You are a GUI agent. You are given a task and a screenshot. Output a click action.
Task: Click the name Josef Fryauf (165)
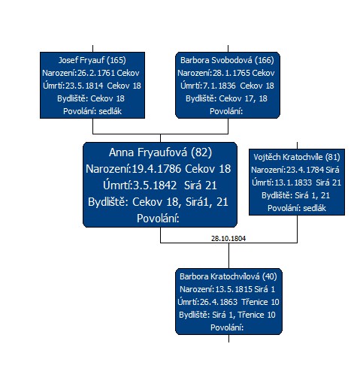(x=92, y=60)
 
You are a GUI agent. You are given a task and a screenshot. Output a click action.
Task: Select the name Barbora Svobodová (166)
(x=227, y=60)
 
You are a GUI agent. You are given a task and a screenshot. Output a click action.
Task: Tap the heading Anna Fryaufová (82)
(x=160, y=152)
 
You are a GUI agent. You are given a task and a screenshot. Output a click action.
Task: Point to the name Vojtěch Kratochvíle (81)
(x=297, y=157)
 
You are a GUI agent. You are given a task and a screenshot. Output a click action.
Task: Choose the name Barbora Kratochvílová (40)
(x=228, y=276)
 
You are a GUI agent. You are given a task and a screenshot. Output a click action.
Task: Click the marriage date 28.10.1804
(x=228, y=238)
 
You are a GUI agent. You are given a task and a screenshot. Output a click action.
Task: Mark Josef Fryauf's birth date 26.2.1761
(x=96, y=73)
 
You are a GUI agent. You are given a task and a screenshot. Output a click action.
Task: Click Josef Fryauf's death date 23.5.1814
(x=84, y=86)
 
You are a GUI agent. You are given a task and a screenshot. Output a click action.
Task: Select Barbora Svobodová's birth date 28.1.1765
(x=231, y=73)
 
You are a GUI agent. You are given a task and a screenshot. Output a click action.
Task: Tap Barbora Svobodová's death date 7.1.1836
(x=219, y=86)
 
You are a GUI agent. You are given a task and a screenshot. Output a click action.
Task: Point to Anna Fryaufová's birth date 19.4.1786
(x=156, y=169)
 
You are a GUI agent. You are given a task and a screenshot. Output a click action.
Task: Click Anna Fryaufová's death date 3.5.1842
(x=155, y=186)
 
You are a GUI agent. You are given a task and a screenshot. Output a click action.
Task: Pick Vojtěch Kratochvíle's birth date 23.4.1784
(x=305, y=170)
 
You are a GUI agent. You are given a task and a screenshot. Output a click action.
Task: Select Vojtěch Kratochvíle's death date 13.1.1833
(x=293, y=182)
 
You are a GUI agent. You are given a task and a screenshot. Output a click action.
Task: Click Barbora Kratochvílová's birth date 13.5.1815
(x=234, y=289)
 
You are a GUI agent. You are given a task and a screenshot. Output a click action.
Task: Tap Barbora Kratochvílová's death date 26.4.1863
(x=219, y=302)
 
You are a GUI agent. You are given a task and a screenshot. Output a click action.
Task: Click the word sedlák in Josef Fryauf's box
(x=110, y=111)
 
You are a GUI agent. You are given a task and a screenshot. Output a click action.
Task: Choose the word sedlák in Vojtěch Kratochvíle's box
(x=314, y=208)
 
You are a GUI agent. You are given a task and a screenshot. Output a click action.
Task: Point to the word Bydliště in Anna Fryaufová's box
(x=108, y=202)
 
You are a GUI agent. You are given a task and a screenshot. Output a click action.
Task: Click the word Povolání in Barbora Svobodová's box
(x=226, y=111)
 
